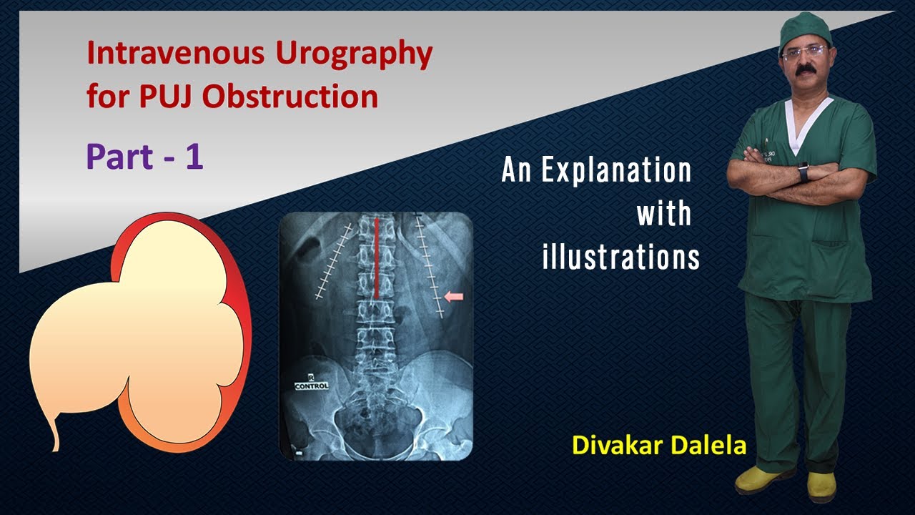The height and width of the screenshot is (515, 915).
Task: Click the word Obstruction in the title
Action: click(290, 97)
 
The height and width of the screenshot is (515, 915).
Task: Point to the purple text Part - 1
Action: click(144, 157)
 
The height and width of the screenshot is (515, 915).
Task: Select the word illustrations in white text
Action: click(620, 257)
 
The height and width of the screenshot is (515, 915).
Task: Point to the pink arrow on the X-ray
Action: click(454, 295)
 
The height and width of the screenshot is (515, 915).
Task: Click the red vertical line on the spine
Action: click(377, 257)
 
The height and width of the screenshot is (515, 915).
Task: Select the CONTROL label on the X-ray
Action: click(312, 386)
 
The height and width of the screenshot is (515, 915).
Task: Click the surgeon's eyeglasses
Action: click(803, 52)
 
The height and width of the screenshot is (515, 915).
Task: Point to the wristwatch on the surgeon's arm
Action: click(803, 172)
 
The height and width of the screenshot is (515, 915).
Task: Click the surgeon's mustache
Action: click(806, 69)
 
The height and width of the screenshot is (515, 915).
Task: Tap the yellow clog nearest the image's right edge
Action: click(821, 486)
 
